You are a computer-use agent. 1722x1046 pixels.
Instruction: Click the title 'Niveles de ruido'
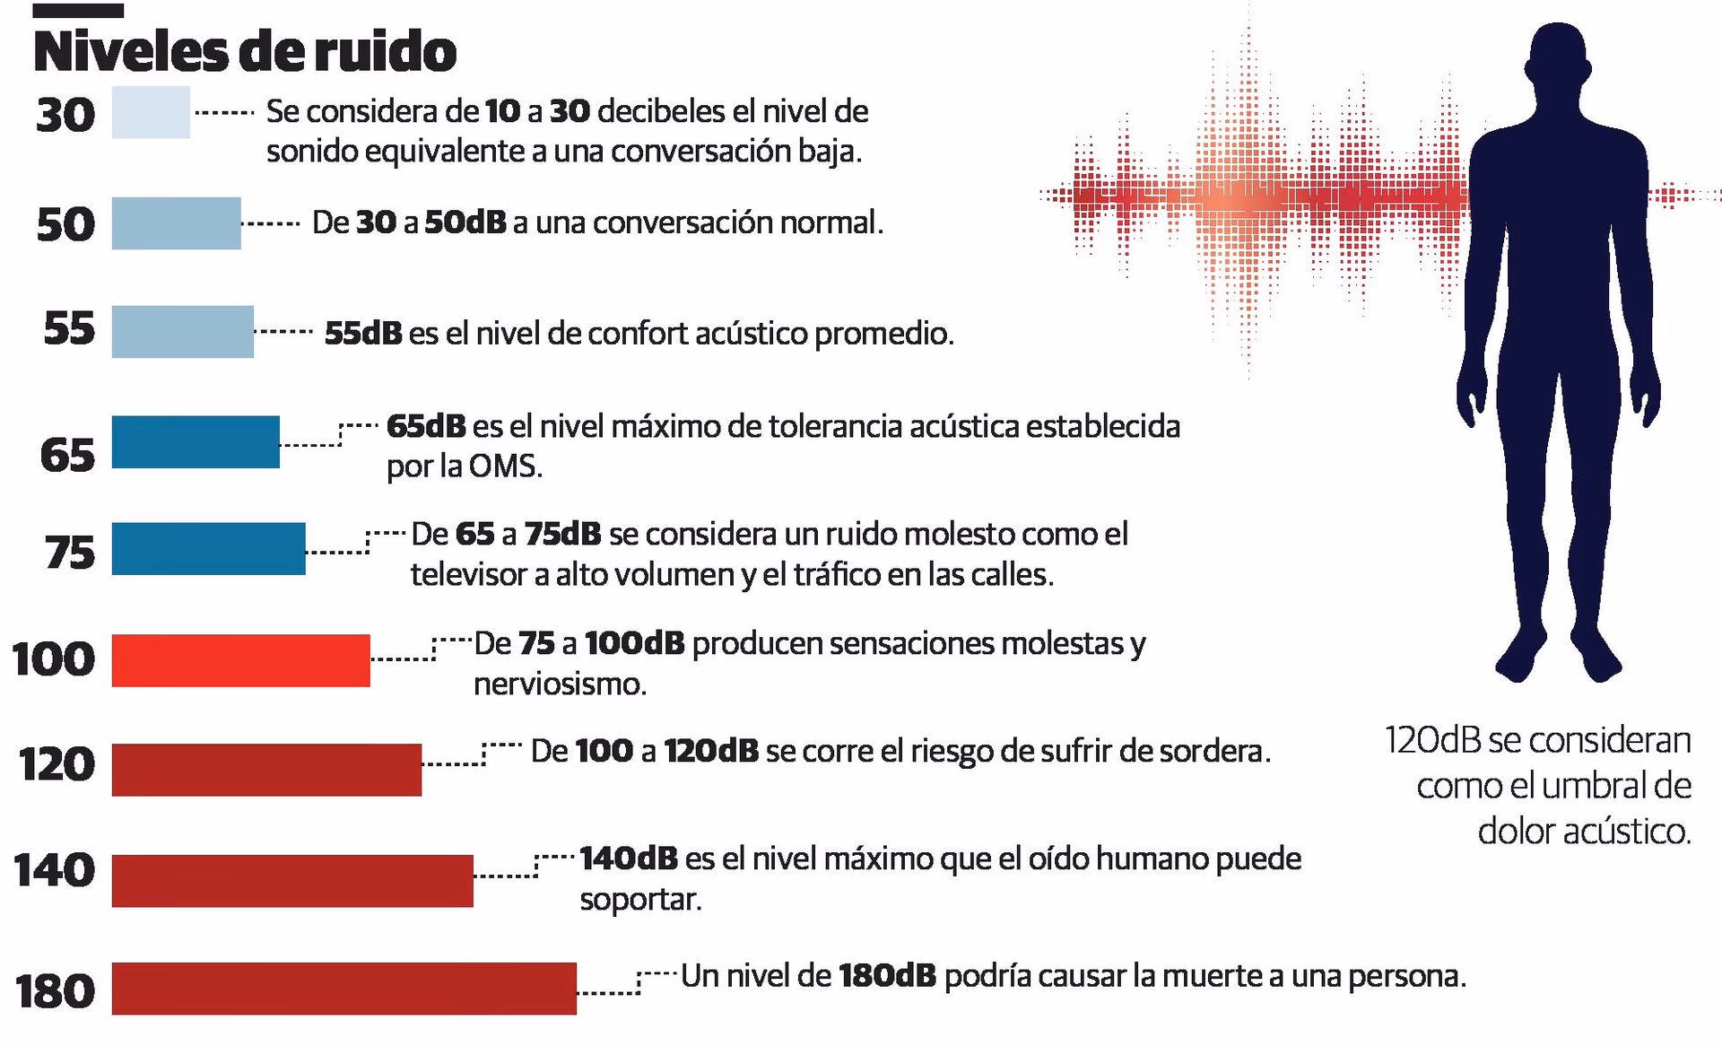click(244, 52)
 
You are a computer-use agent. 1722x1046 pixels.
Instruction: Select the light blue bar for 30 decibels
click(151, 112)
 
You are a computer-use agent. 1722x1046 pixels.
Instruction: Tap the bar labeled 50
click(176, 223)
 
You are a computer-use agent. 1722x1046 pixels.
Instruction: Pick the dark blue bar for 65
click(196, 441)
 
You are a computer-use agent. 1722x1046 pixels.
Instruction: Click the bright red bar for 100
click(240, 660)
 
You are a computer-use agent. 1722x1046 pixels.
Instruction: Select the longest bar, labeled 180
click(344, 989)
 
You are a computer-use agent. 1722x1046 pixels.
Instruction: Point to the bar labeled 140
click(292, 881)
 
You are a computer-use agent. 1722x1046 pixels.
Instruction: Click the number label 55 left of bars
click(69, 328)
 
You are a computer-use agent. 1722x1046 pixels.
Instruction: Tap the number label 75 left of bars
click(69, 552)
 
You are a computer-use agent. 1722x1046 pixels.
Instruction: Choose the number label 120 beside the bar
click(57, 764)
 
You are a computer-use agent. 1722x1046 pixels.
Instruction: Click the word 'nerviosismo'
click(559, 684)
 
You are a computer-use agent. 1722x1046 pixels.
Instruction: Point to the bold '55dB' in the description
click(362, 334)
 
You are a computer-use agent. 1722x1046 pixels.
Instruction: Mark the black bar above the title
click(78, 11)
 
